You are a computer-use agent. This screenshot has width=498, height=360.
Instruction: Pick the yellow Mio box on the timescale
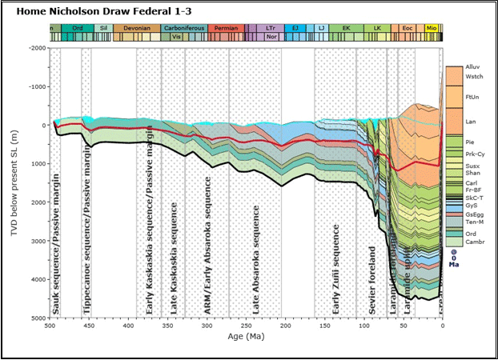(432, 29)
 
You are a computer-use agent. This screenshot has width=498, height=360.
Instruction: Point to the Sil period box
(102, 29)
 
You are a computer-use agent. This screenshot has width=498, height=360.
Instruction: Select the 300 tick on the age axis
(207, 326)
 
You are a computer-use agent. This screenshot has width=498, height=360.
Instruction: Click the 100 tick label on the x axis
(363, 326)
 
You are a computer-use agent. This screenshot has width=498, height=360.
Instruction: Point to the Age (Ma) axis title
(245, 338)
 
